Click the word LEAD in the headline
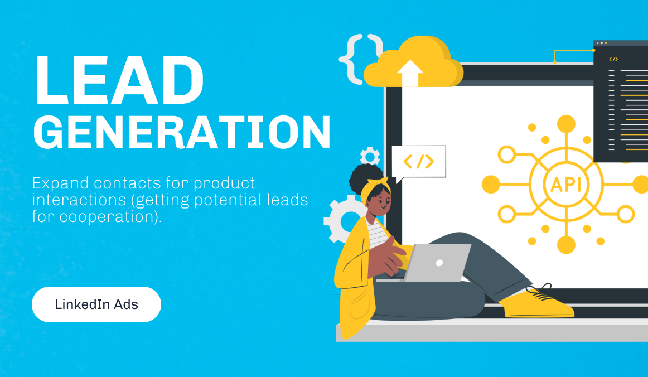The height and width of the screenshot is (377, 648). (119, 80)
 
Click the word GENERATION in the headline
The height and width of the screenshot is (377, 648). (182, 132)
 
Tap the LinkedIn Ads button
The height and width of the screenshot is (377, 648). (96, 304)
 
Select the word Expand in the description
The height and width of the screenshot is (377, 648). (60, 183)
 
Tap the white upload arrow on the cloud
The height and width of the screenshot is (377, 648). (409, 73)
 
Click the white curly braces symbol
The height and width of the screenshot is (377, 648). (360, 59)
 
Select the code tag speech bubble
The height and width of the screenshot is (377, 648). (419, 163)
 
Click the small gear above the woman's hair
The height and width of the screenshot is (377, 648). (370, 156)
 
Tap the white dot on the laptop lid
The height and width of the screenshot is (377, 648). (439, 263)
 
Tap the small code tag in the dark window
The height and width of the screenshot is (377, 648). (613, 59)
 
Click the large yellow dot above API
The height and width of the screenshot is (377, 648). (566, 124)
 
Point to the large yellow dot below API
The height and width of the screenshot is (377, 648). (566, 245)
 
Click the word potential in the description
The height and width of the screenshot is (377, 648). (228, 200)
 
